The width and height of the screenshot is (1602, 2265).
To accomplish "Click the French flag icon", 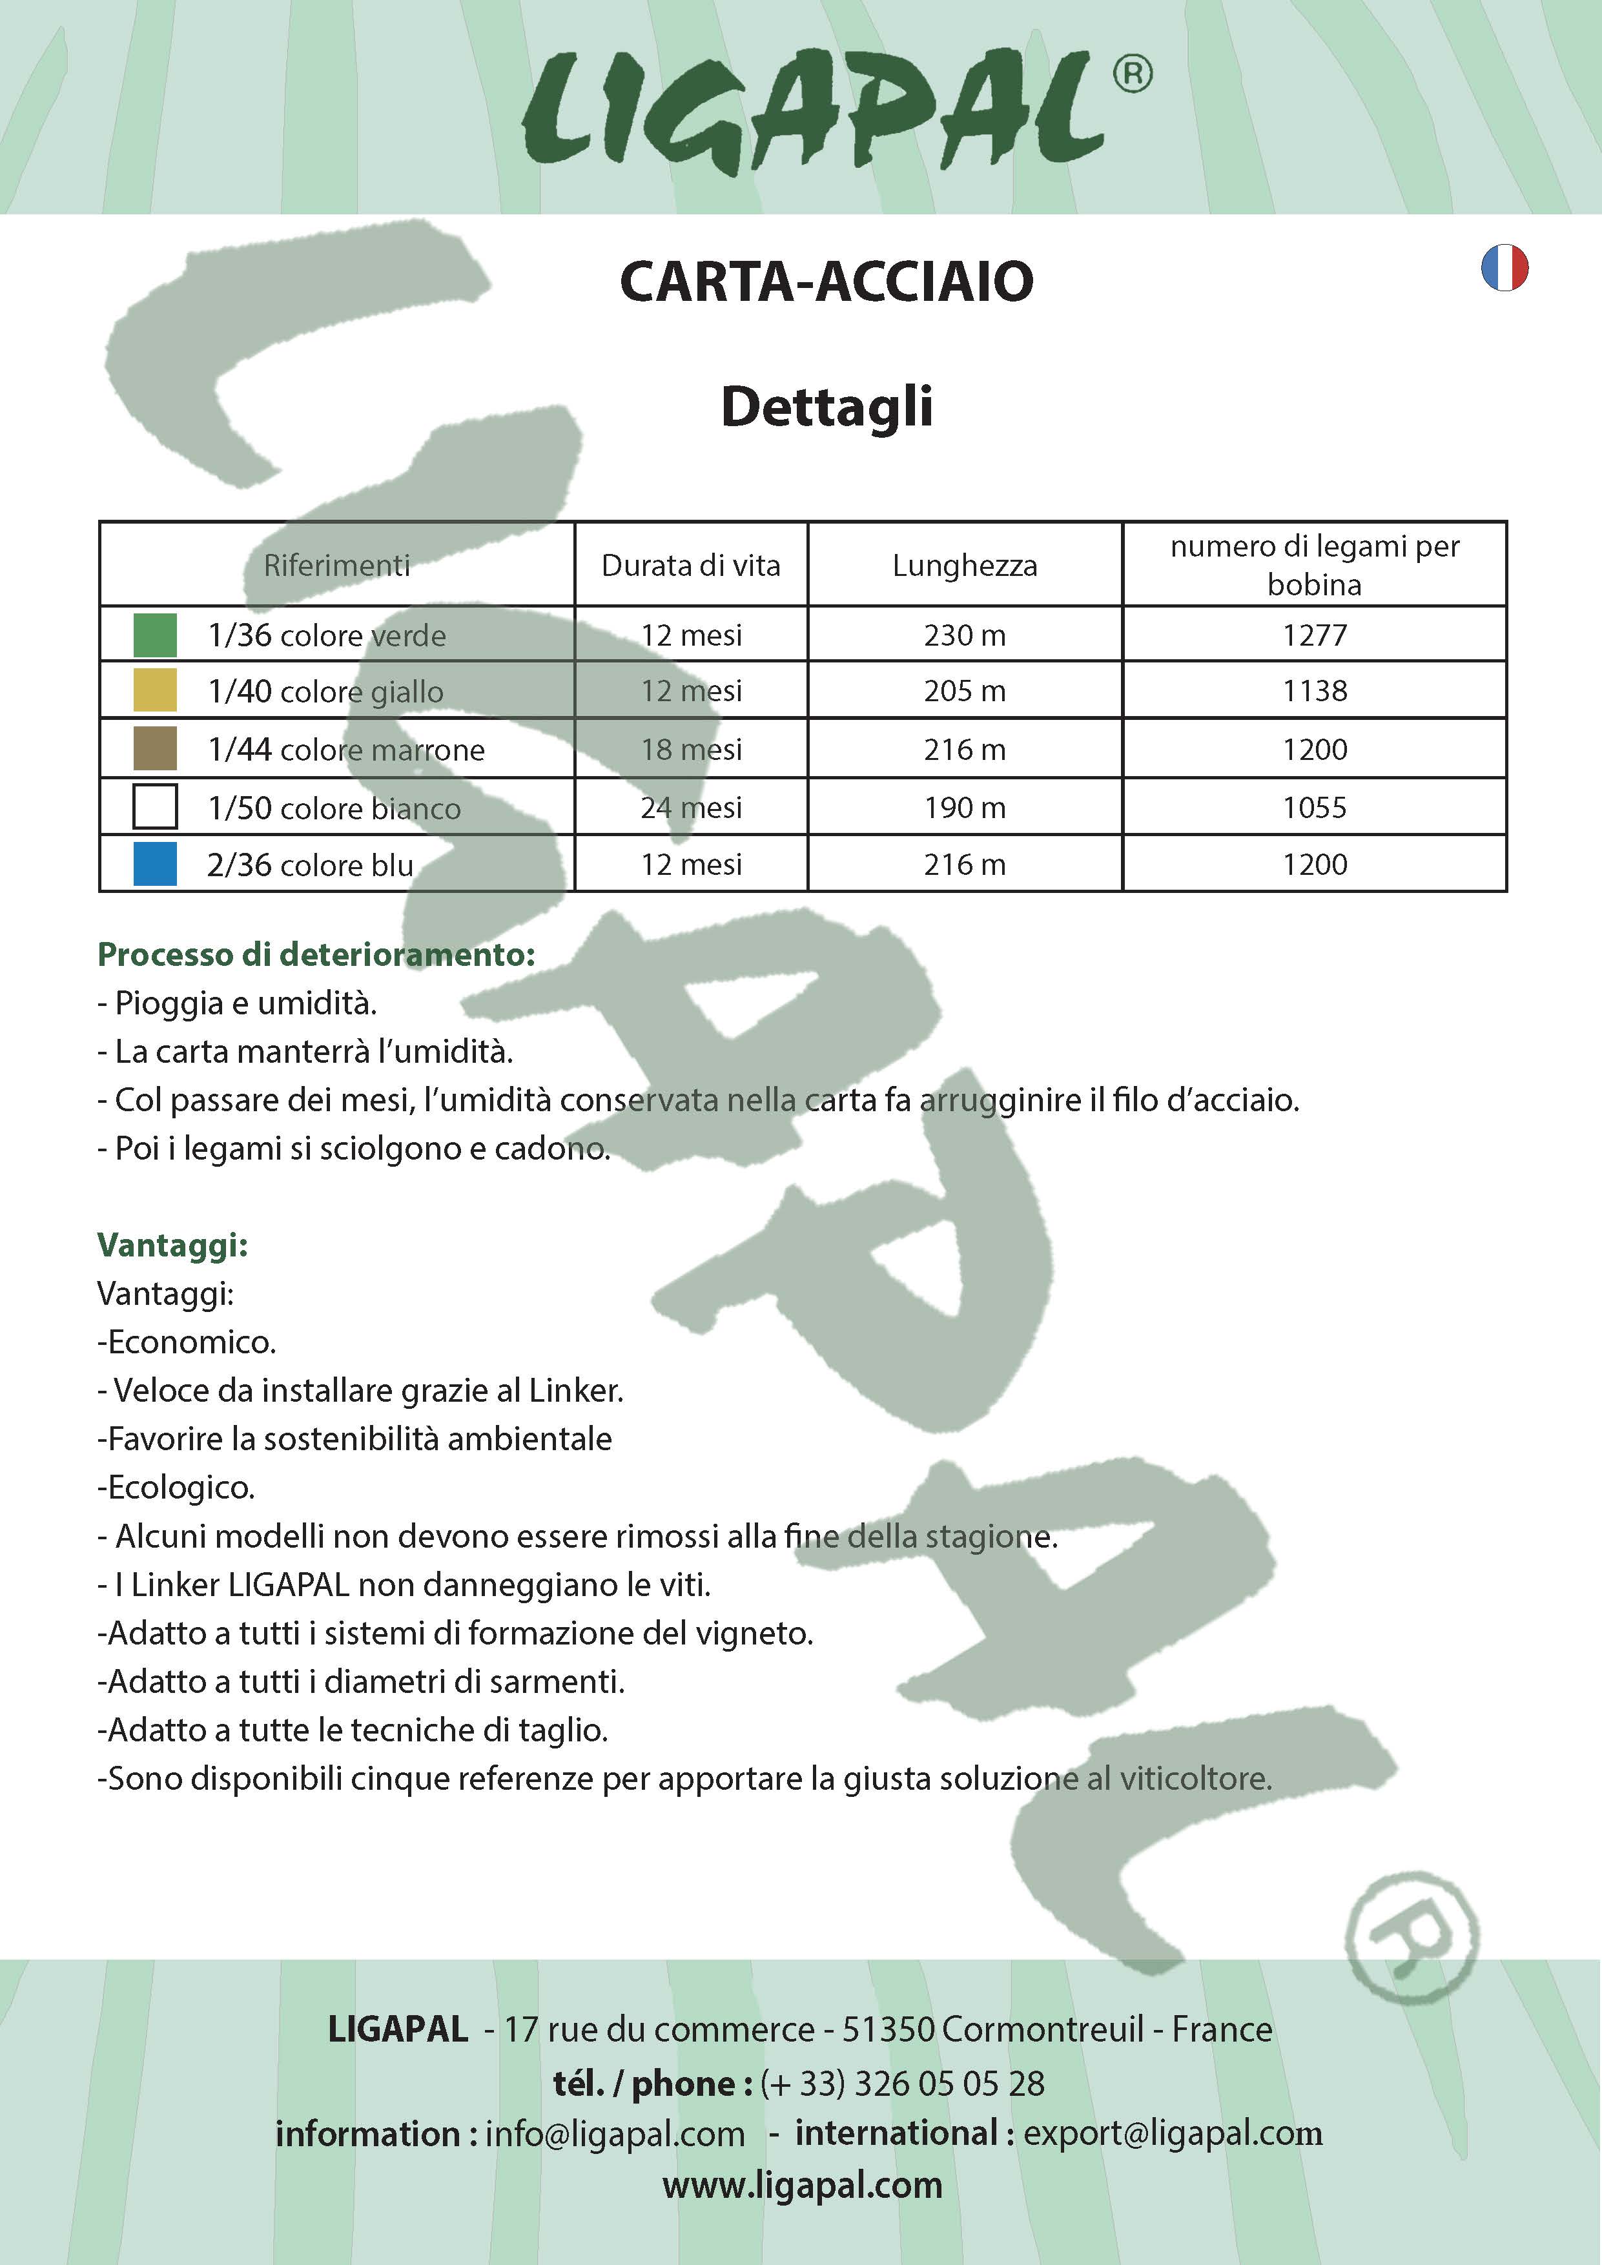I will [1504, 267].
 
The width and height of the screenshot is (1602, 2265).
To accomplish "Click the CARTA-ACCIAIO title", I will [827, 282].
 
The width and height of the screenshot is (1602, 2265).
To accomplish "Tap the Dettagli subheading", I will [827, 406].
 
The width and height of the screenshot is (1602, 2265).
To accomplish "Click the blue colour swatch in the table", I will [155, 864].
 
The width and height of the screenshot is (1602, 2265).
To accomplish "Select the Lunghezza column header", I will [965, 565].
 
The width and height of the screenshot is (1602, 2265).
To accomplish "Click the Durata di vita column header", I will [690, 565].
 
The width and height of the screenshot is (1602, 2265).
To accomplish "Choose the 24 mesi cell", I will [690, 807].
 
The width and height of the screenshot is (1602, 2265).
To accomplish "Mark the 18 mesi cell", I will [690, 749].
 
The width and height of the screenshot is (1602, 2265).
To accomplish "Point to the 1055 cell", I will [1314, 807].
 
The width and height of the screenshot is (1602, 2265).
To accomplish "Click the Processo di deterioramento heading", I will [316, 954].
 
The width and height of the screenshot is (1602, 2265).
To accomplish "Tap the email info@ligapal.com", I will [615, 2134].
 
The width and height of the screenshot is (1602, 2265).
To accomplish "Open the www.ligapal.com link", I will [802, 2185].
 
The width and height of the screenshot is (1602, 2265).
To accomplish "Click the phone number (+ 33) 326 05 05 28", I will [901, 2084].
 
